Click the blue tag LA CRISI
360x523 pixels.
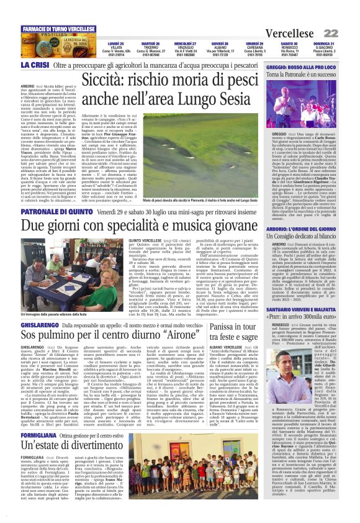[x=35, y=65]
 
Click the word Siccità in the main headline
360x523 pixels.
[x=124, y=80]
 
